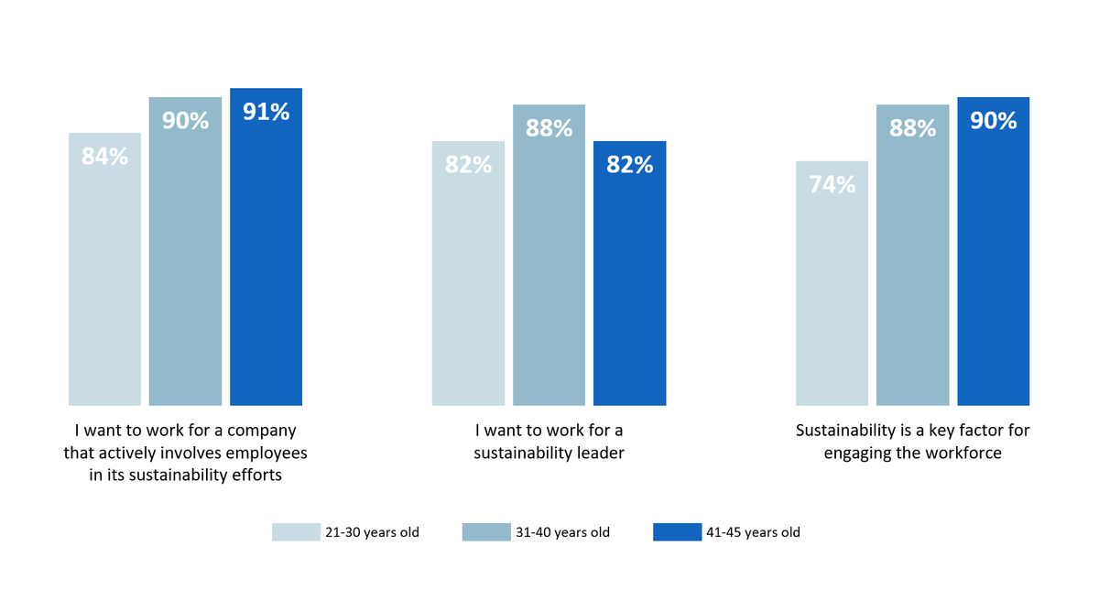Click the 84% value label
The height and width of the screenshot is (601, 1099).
tap(104, 157)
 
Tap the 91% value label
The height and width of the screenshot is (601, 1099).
tap(266, 112)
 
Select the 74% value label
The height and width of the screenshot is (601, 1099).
tap(832, 184)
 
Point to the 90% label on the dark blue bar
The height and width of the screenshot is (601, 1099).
tap(993, 120)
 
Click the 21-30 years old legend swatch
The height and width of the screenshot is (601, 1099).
tap(296, 532)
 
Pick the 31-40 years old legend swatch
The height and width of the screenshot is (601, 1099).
tap(486, 532)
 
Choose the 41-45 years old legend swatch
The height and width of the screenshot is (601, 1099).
tap(677, 532)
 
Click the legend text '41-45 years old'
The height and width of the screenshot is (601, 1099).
tap(754, 532)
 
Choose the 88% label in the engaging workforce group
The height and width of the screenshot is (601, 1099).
tap(912, 128)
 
